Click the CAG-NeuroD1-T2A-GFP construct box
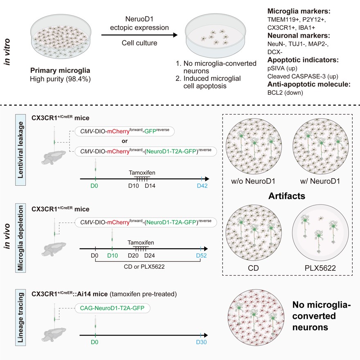[x=112, y=308]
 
